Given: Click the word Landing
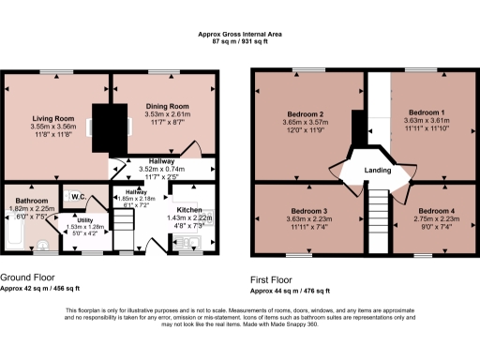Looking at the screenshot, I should click(x=376, y=169).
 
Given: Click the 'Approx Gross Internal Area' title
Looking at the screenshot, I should click(x=239, y=34).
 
